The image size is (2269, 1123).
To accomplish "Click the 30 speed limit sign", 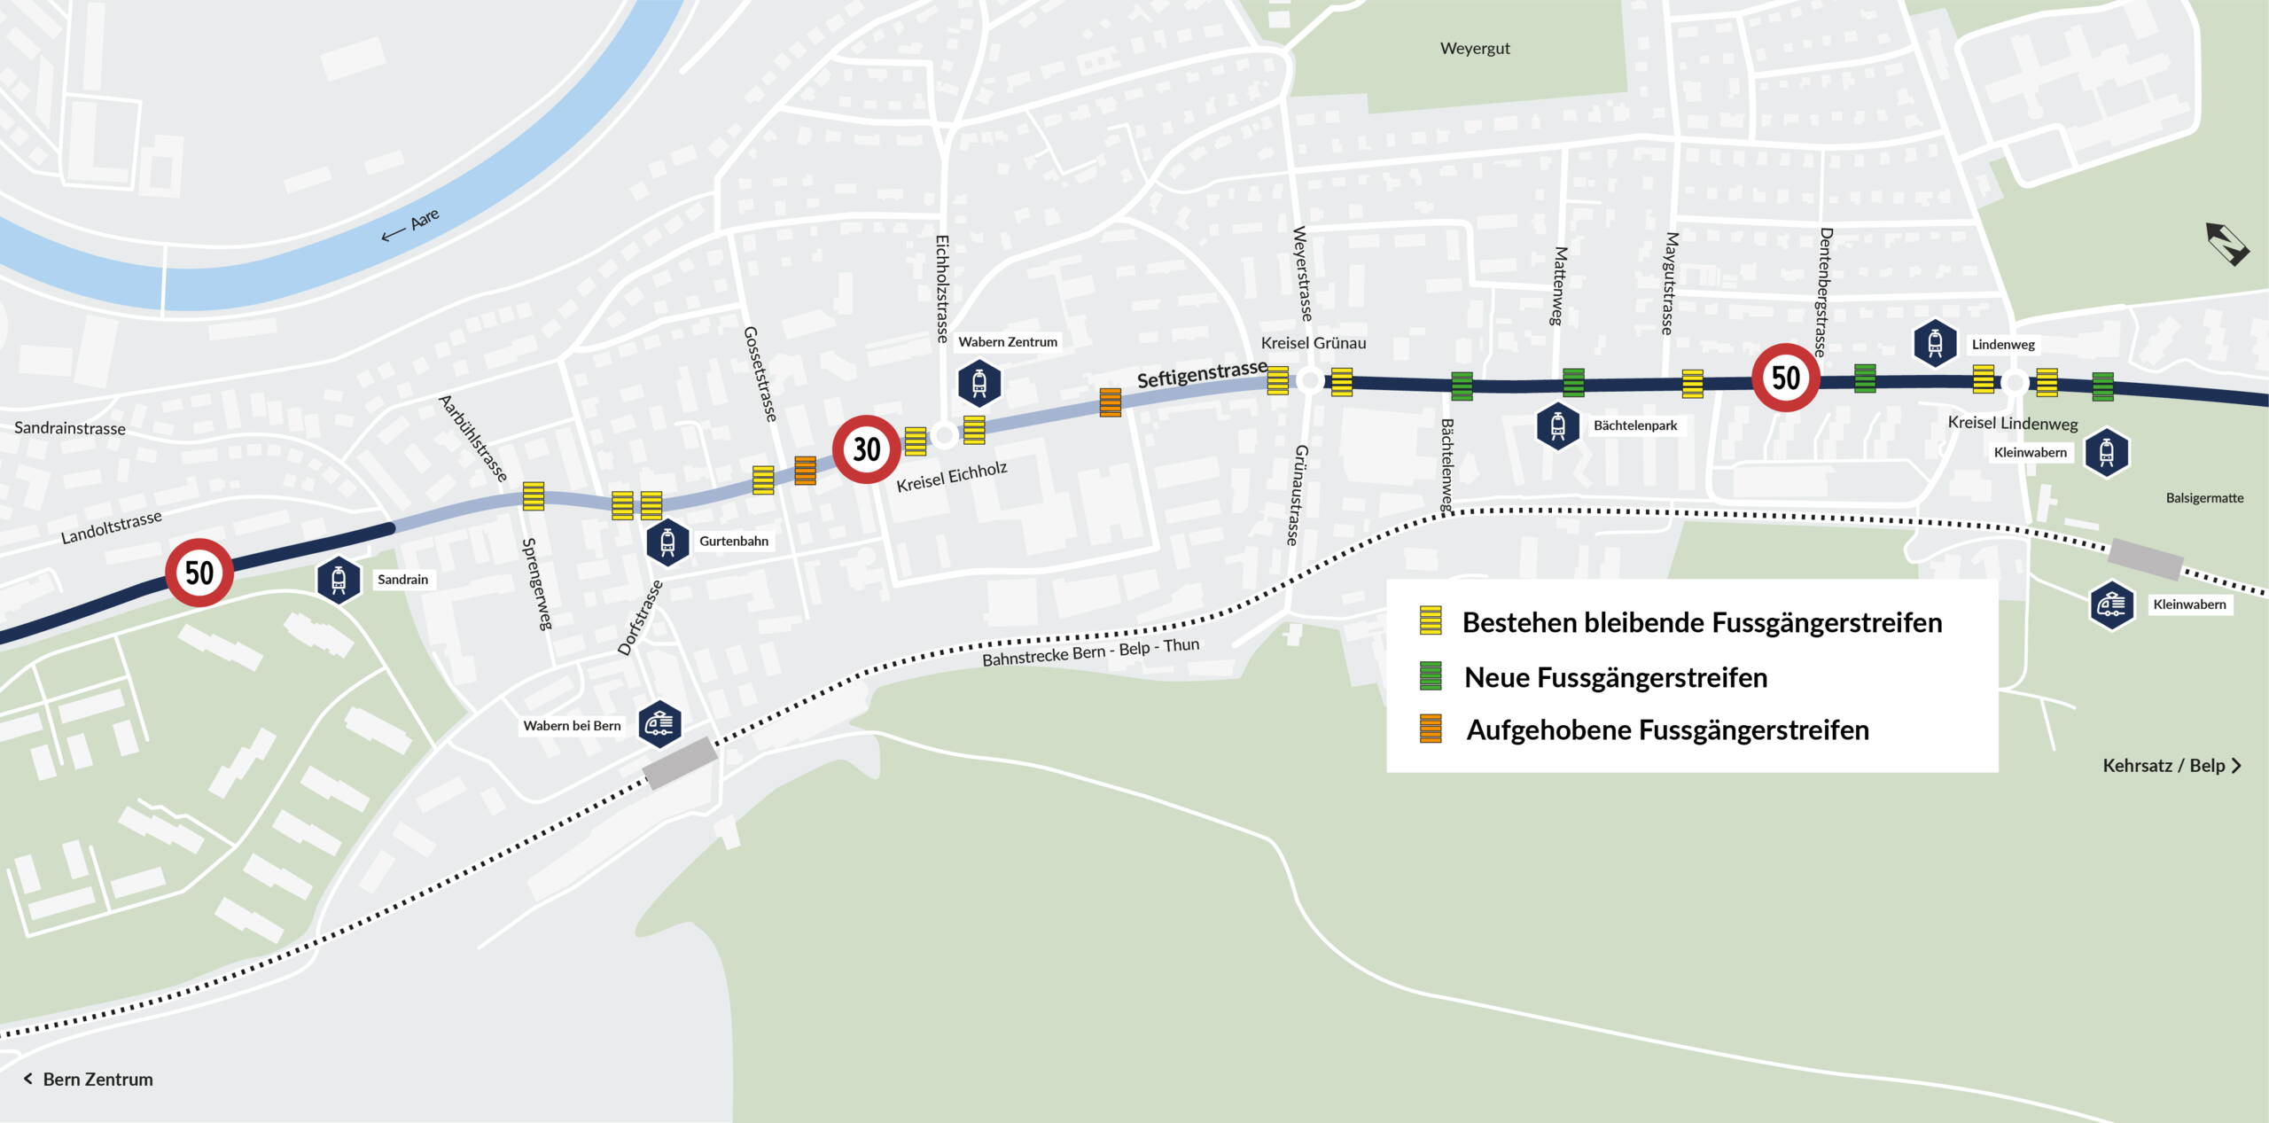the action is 866,449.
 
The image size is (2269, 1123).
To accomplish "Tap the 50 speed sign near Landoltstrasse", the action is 199,573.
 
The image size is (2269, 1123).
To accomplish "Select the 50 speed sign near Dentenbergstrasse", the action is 1785,378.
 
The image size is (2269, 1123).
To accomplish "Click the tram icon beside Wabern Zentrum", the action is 979,383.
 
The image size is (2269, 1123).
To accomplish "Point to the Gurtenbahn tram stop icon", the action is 668,542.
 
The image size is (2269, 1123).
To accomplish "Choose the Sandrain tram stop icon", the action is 339,580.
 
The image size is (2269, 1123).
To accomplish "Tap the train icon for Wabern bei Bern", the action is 660,724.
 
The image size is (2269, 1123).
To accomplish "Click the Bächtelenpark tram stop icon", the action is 1558,426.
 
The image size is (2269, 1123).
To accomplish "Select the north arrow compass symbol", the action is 2226,244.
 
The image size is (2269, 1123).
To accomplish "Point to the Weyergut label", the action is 1475,49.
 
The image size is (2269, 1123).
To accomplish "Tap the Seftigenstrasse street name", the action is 1201,375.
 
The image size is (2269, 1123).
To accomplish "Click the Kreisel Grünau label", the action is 1313,343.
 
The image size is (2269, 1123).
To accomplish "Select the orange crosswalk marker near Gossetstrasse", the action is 805,471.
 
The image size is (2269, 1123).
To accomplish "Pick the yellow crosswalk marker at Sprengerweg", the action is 534,496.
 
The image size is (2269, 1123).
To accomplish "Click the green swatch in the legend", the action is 1431,676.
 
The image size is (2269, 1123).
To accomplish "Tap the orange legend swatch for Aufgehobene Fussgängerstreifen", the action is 1431,729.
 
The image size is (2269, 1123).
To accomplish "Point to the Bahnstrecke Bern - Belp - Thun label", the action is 1090,652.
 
